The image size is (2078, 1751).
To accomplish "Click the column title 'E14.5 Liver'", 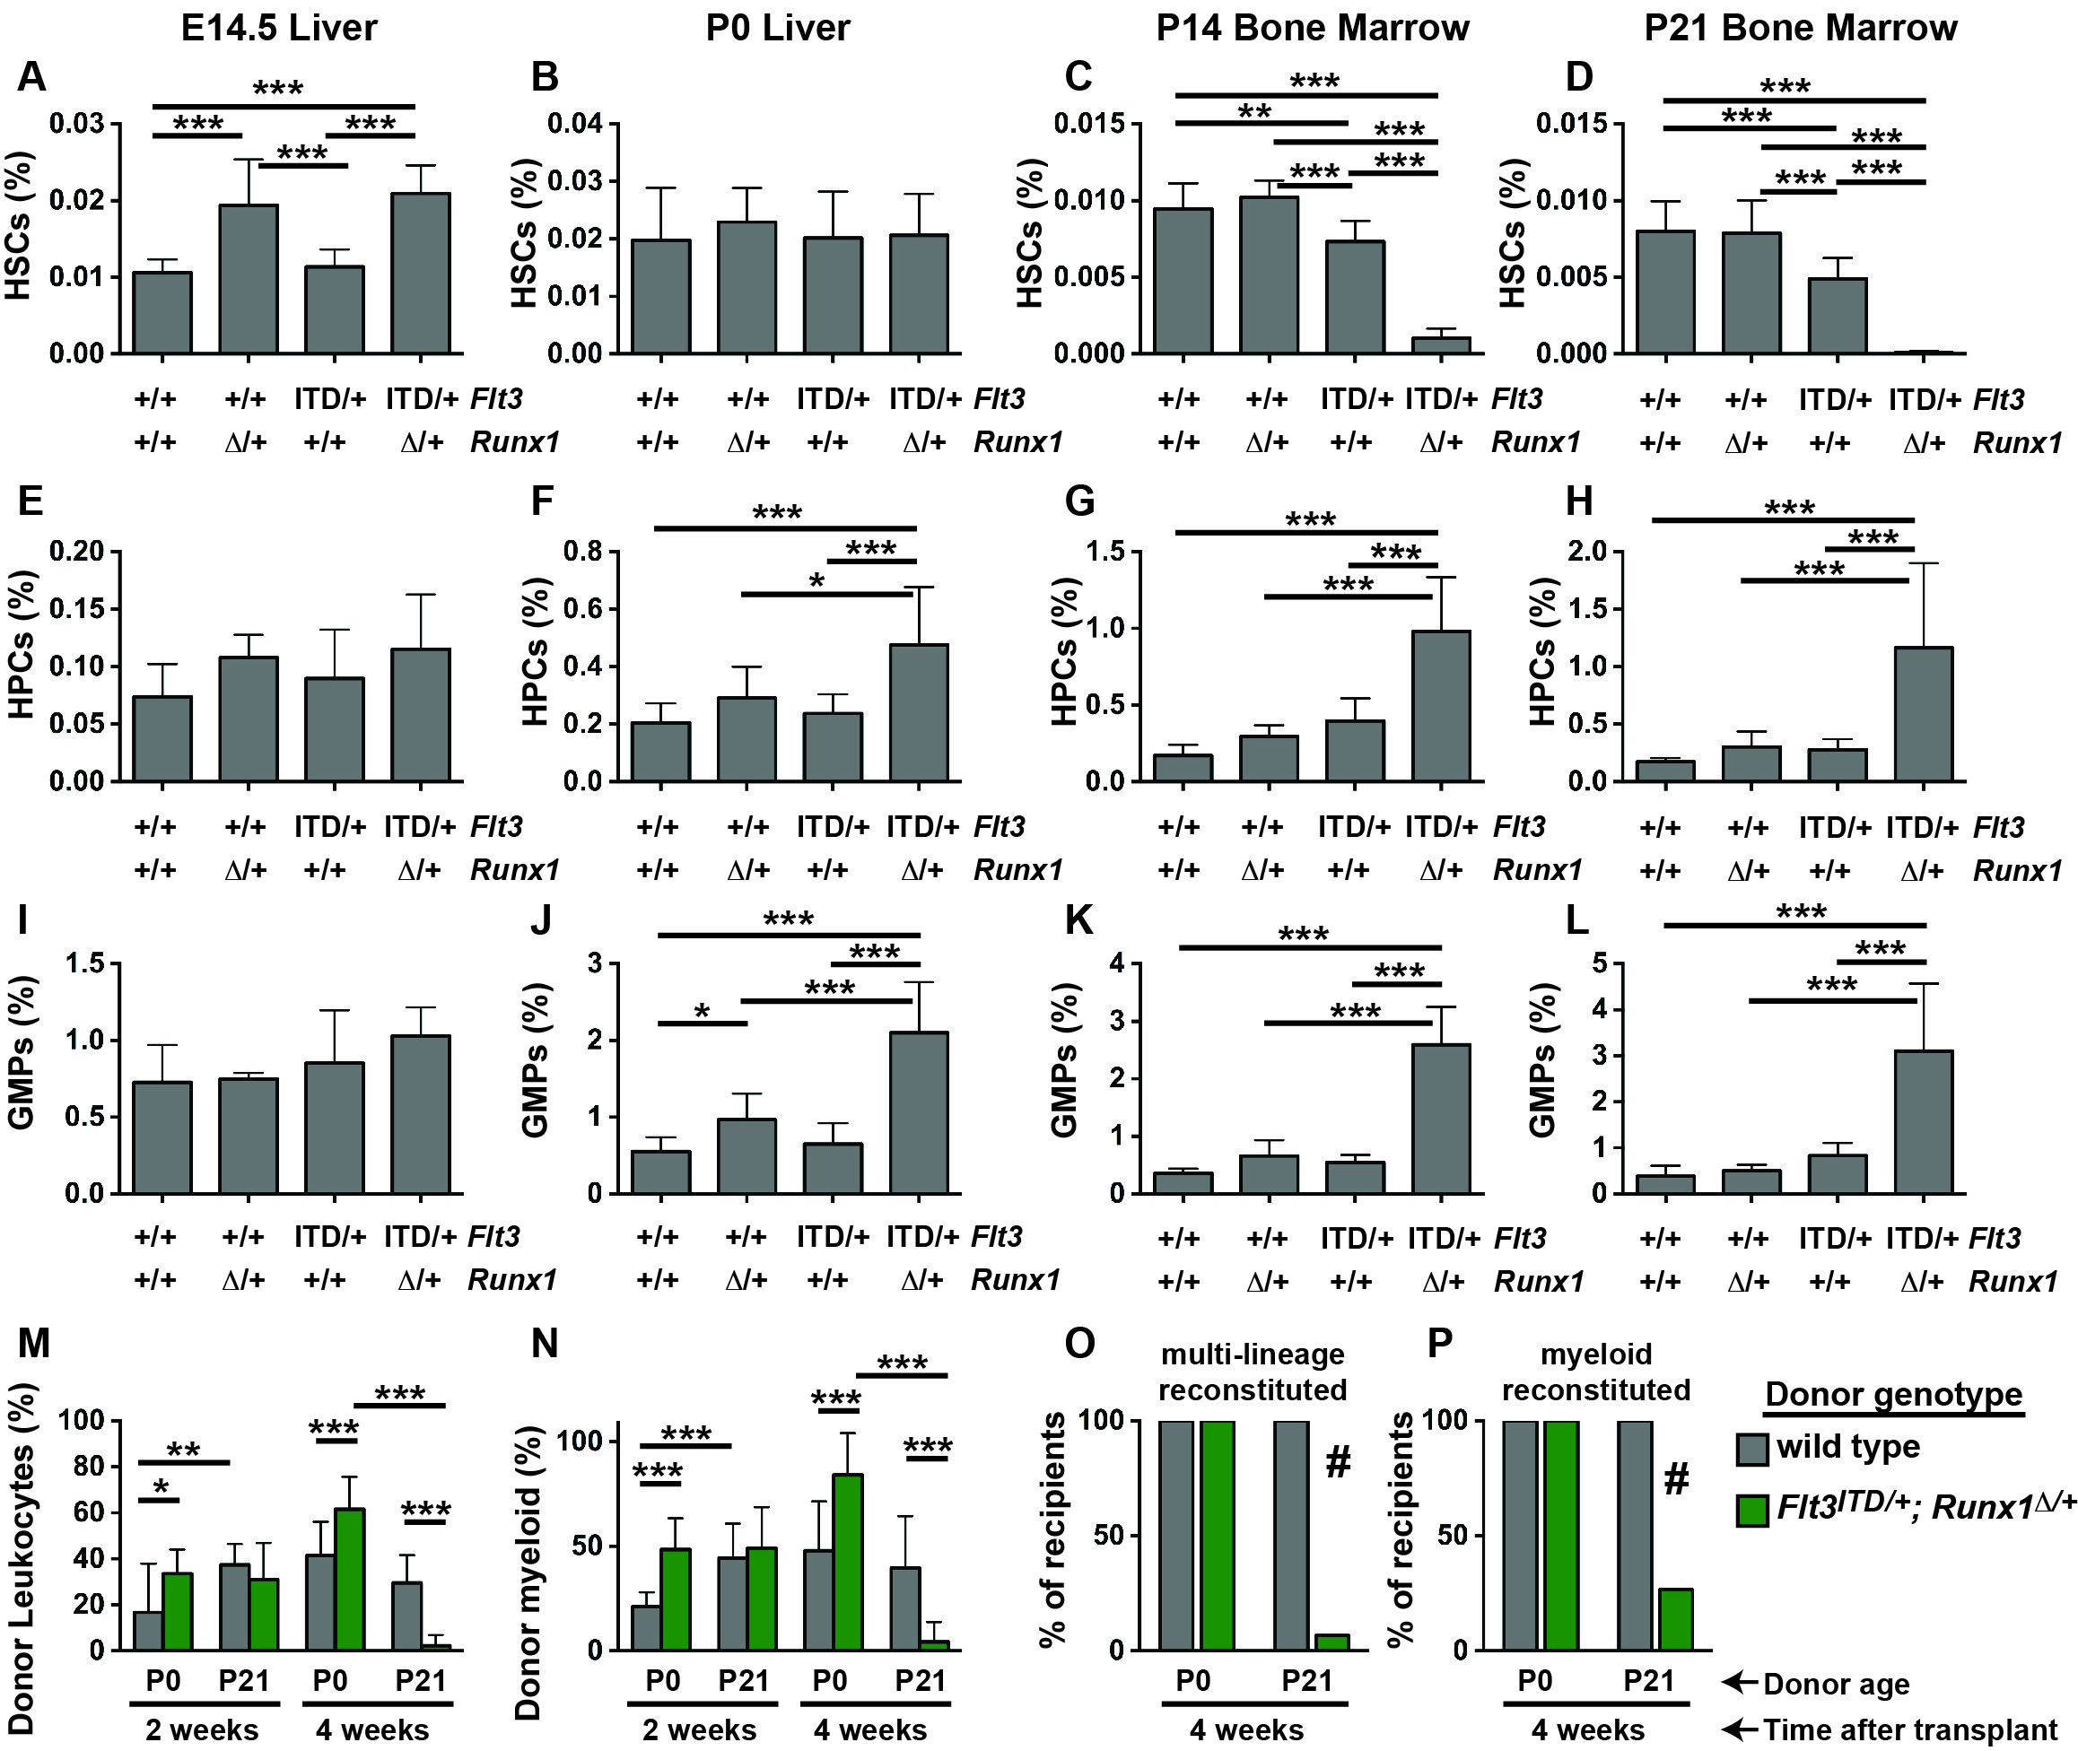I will tap(279, 28).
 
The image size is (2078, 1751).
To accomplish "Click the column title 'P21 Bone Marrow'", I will tap(1800, 28).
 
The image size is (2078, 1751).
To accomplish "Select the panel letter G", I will tap(1079, 501).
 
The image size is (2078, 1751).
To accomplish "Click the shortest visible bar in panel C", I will tap(1441, 344).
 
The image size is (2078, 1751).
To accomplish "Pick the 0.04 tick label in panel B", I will tap(576, 124).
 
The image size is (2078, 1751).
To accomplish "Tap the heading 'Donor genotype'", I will tap(1893, 1395).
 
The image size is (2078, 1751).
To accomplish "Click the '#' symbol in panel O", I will tap(1339, 1461).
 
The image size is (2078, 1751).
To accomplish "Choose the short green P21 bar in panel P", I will tap(1676, 1619).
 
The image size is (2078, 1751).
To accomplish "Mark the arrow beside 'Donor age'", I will tap(1740, 1682).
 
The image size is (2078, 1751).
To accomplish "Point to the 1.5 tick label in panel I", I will tap(84, 963).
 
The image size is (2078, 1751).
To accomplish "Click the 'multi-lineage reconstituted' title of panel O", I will tap(1252, 1372).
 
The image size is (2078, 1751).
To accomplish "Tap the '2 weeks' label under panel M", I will tap(202, 1730).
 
